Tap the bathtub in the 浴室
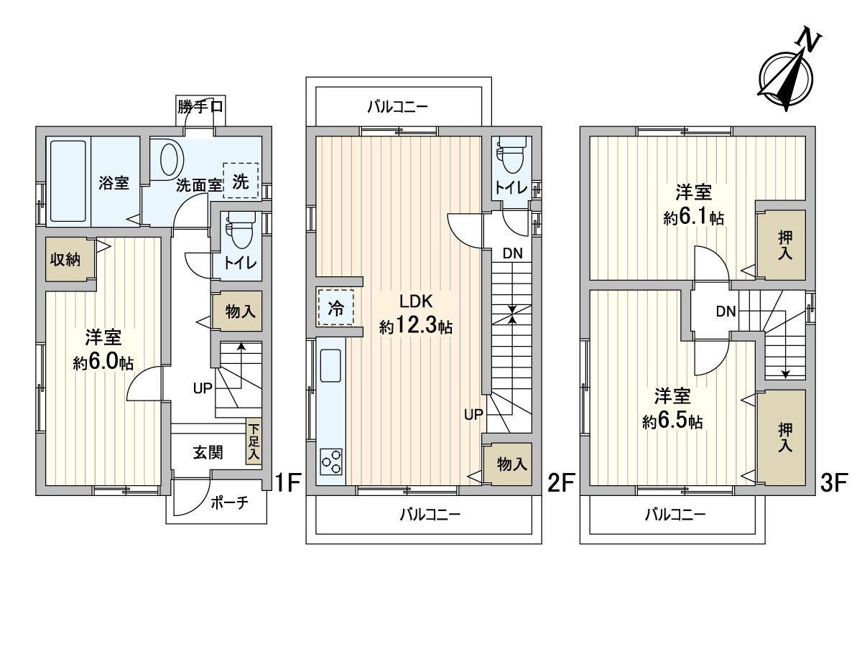[68, 182]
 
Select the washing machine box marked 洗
[240, 182]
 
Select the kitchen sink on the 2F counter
[330, 366]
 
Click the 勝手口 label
[200, 107]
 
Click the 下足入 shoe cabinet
[254, 441]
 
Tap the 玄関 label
[207, 452]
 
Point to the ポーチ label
[231, 502]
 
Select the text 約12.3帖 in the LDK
[416, 327]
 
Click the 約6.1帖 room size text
[693, 219]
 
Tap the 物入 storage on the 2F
[512, 464]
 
